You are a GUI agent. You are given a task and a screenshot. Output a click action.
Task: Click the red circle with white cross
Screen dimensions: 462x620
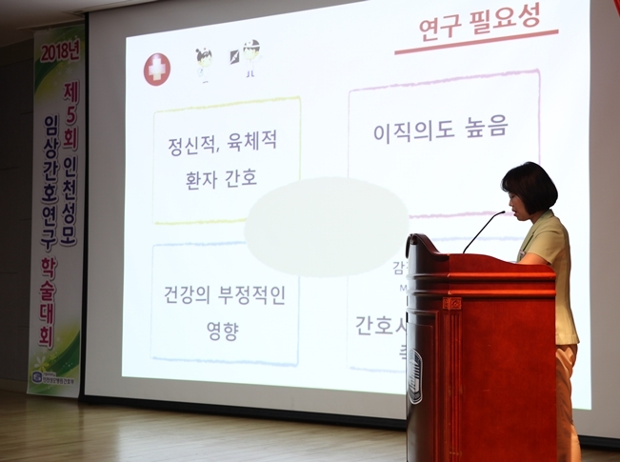(157, 69)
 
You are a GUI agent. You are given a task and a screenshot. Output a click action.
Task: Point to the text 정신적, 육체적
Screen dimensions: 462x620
(224, 146)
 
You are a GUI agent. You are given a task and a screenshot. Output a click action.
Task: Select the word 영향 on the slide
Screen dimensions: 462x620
(222, 331)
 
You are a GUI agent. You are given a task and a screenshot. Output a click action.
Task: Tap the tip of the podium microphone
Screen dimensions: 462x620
(502, 213)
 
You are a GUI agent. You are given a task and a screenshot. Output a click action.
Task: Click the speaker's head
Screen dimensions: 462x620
(530, 188)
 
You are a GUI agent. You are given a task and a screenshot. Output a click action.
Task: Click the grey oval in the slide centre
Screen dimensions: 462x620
(327, 227)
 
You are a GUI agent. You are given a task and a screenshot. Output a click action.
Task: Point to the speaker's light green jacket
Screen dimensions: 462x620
(552, 276)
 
